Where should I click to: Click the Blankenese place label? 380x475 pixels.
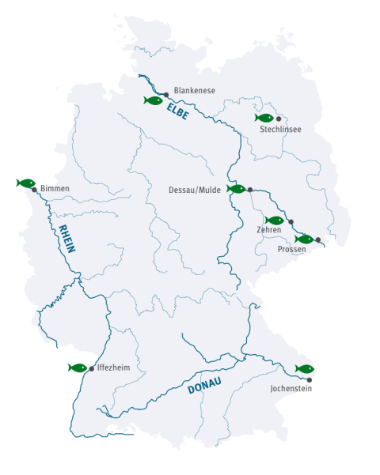click(194, 90)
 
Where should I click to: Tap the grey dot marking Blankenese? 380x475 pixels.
click(166, 94)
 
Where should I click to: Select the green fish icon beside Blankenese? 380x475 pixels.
click(154, 100)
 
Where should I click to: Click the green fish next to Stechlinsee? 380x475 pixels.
click(264, 118)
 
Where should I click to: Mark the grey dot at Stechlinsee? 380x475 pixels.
click(279, 118)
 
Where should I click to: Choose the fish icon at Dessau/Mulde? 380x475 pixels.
click(236, 189)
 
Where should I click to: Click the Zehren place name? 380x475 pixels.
click(269, 230)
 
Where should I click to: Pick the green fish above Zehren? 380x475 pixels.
click(274, 221)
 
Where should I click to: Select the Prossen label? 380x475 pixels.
click(292, 249)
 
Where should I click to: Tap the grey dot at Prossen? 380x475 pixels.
click(317, 239)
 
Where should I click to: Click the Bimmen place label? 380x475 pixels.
click(55, 189)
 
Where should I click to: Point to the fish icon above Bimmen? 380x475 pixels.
click(26, 183)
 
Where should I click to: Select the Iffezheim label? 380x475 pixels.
click(112, 368)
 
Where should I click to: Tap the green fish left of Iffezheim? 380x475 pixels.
click(78, 368)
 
